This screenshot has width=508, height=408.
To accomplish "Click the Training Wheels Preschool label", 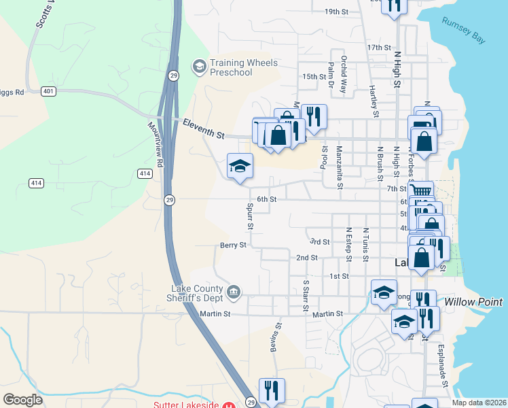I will tap(244, 68).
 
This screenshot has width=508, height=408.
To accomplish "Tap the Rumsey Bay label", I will tap(463, 31).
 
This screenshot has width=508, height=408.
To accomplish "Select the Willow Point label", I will tap(473, 302).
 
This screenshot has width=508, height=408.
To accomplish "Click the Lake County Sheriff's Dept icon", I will tap(234, 292).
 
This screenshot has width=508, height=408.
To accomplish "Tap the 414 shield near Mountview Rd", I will tap(145, 174).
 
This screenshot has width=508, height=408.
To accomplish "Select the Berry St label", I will tap(232, 245).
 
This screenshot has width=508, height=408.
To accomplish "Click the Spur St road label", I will tap(250, 215).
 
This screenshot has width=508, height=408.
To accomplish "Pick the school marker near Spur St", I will tap(240, 166).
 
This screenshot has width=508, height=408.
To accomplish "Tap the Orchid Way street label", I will tap(344, 70).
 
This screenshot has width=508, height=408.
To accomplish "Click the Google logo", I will tap(22, 400).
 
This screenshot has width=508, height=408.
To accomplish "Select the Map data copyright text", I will tap(478, 403).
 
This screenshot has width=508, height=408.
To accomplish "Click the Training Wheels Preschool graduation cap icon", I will tap(200, 66).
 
